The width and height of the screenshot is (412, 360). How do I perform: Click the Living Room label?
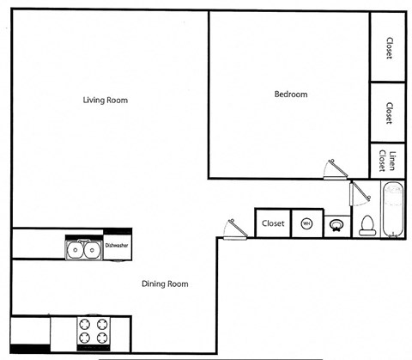click(x=105, y=100)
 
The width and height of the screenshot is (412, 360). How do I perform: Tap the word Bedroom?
click(x=290, y=95)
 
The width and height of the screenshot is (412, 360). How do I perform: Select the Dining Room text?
click(x=165, y=284)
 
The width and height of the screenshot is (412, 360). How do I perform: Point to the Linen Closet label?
click(x=389, y=161)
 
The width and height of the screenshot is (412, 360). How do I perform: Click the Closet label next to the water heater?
click(x=273, y=223)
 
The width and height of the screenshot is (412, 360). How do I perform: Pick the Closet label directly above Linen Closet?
click(x=389, y=113)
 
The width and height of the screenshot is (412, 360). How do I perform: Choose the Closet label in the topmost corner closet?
click(x=389, y=49)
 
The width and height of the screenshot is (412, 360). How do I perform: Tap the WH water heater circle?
click(x=306, y=224)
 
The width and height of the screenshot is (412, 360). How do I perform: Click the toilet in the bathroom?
click(x=367, y=225)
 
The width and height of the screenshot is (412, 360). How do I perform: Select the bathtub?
click(x=394, y=211)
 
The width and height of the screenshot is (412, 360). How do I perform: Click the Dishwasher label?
click(x=117, y=246)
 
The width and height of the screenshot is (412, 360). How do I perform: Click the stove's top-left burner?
click(x=84, y=325)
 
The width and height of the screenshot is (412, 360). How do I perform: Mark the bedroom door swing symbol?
click(x=332, y=168)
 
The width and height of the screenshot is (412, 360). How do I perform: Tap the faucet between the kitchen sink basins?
click(x=83, y=242)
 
